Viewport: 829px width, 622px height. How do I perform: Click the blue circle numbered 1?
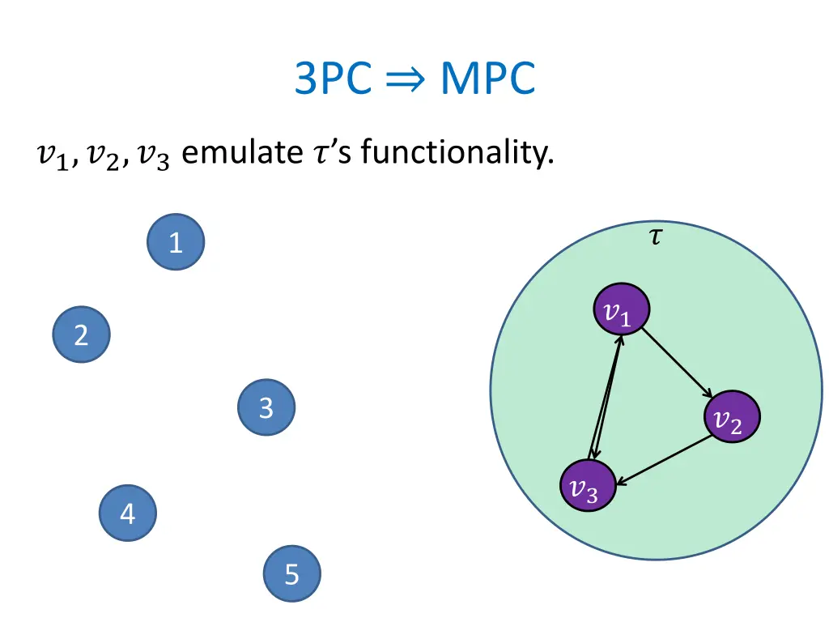[176, 241]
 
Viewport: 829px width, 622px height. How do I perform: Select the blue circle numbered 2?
[81, 334]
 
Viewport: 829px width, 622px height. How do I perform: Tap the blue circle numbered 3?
[266, 407]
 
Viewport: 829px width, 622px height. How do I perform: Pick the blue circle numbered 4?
[128, 513]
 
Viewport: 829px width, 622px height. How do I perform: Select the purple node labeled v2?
[732, 419]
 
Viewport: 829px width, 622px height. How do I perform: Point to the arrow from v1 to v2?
[677, 363]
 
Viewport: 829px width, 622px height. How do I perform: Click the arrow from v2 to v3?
[662, 462]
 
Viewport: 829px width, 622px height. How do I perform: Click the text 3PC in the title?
[332, 79]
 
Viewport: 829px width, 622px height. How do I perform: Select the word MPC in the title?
[487, 79]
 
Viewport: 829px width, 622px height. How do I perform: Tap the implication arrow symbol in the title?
[406, 81]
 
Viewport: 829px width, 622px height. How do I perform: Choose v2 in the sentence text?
[102, 154]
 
